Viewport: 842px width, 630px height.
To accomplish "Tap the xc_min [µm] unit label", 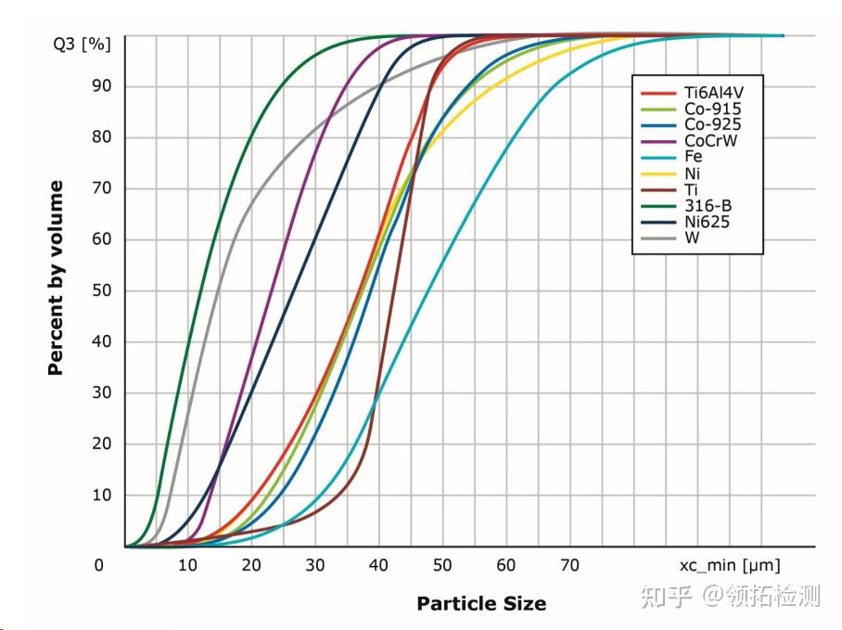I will click(730, 566).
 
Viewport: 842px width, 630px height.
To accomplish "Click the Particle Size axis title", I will click(481, 604).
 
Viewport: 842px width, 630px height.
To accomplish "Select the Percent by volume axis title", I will click(56, 278).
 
